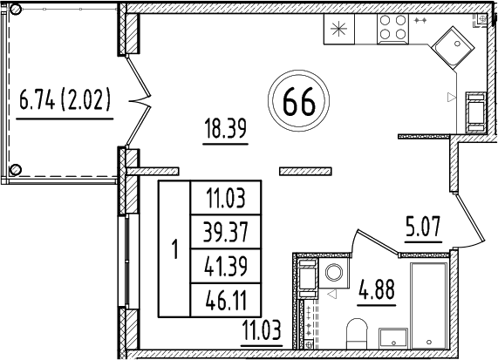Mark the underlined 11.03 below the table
pyautogui.click(x=263, y=329)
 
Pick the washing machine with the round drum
pyautogui.click(x=334, y=273)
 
